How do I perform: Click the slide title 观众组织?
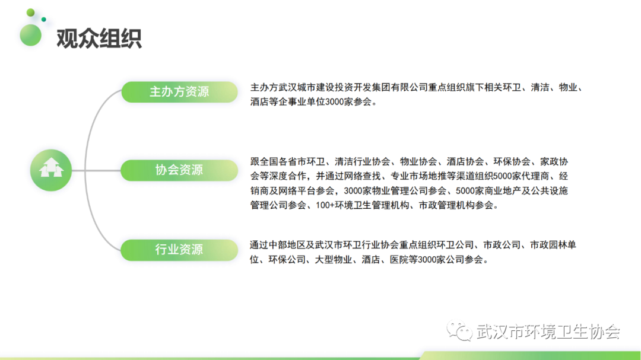[x=99, y=39]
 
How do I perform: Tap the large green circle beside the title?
[x=31, y=35]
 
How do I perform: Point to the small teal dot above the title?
[x=44, y=19]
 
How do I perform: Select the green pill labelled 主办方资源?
[x=179, y=91]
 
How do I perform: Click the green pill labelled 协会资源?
[x=179, y=170]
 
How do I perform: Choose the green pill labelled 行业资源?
[x=179, y=250]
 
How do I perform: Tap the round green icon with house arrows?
[x=51, y=170]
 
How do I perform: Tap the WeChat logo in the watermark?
[x=459, y=330]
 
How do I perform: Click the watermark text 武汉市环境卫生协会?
[x=548, y=332]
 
